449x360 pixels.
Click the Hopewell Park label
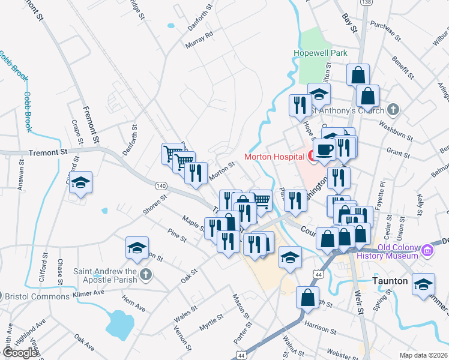point(321,53)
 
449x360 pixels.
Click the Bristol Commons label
point(37,296)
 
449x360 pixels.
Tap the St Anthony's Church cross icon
point(393,110)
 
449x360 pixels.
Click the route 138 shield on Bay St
point(365,3)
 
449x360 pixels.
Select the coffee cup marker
point(324,149)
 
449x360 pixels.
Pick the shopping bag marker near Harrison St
point(307,297)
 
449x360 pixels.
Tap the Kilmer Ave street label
point(88,292)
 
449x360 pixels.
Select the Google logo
point(20,353)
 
